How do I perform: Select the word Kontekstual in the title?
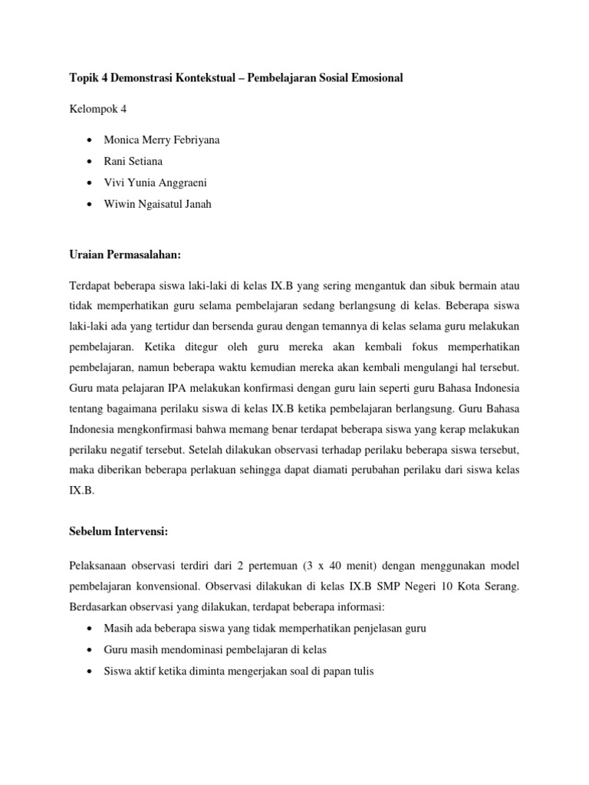(211, 77)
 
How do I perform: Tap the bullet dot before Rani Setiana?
(92, 162)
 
